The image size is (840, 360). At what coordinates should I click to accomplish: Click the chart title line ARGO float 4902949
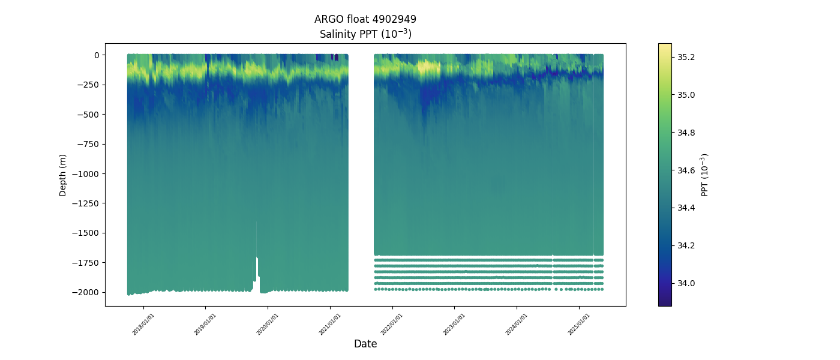tap(365, 19)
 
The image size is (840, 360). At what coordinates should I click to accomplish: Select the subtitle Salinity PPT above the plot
tap(365, 34)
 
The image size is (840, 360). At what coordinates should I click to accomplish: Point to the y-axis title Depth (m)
tap(63, 175)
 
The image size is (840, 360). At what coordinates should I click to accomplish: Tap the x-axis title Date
tap(365, 344)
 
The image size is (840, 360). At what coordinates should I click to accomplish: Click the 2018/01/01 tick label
tap(143, 324)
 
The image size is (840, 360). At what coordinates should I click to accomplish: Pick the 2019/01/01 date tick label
tap(205, 324)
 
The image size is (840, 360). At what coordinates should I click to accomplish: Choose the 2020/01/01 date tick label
tap(268, 324)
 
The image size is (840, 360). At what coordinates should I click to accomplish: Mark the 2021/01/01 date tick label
tap(330, 324)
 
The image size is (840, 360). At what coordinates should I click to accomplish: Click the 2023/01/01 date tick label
tap(454, 324)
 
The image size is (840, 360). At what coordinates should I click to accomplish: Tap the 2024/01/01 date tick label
tap(517, 324)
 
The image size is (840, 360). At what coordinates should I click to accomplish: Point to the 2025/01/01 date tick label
tap(579, 324)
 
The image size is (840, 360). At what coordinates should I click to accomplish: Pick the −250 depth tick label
tap(91, 85)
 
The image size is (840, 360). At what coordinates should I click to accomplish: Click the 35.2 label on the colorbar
tap(686, 57)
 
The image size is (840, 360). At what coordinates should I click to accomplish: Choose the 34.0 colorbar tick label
tap(686, 283)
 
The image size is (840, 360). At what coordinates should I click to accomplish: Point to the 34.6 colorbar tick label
tap(686, 170)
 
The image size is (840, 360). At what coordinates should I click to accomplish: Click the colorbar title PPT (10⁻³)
tap(705, 175)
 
